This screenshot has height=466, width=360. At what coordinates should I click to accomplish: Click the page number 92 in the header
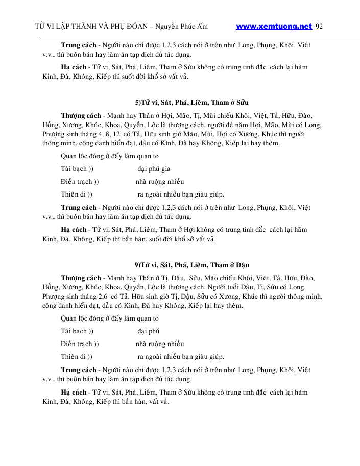coord(320,26)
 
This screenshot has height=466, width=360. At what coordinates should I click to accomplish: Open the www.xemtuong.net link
coord(274,26)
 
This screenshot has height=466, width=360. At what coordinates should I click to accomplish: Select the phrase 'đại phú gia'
coord(154,168)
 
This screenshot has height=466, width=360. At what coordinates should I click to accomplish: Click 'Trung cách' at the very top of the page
coord(78,45)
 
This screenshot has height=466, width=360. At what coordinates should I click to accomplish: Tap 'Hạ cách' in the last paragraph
coord(74,392)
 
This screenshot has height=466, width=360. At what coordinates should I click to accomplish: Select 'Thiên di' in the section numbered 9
coord(74,356)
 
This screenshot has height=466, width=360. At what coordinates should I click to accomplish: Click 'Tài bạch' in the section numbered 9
coord(74,331)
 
